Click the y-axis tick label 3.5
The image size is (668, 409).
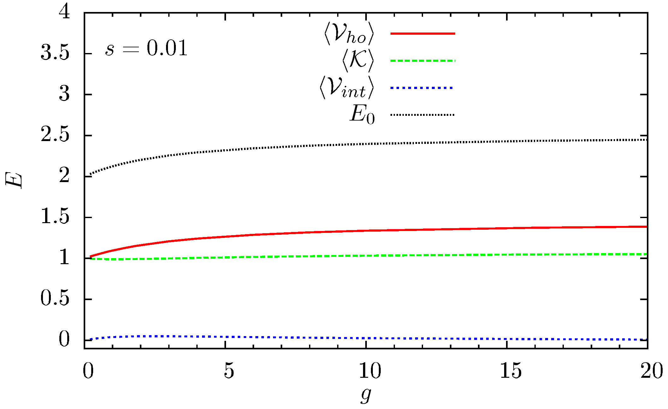(55, 53)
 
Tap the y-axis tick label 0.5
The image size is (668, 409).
(55, 299)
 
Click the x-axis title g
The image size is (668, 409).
(366, 395)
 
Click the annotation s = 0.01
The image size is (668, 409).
(146, 49)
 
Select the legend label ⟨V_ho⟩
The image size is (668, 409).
(349, 33)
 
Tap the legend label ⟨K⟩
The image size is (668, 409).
(358, 60)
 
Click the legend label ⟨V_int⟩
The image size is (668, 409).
(346, 88)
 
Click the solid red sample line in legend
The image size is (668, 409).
(422, 33)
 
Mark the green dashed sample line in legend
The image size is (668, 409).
(422, 61)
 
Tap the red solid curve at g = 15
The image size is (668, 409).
(507, 228)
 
